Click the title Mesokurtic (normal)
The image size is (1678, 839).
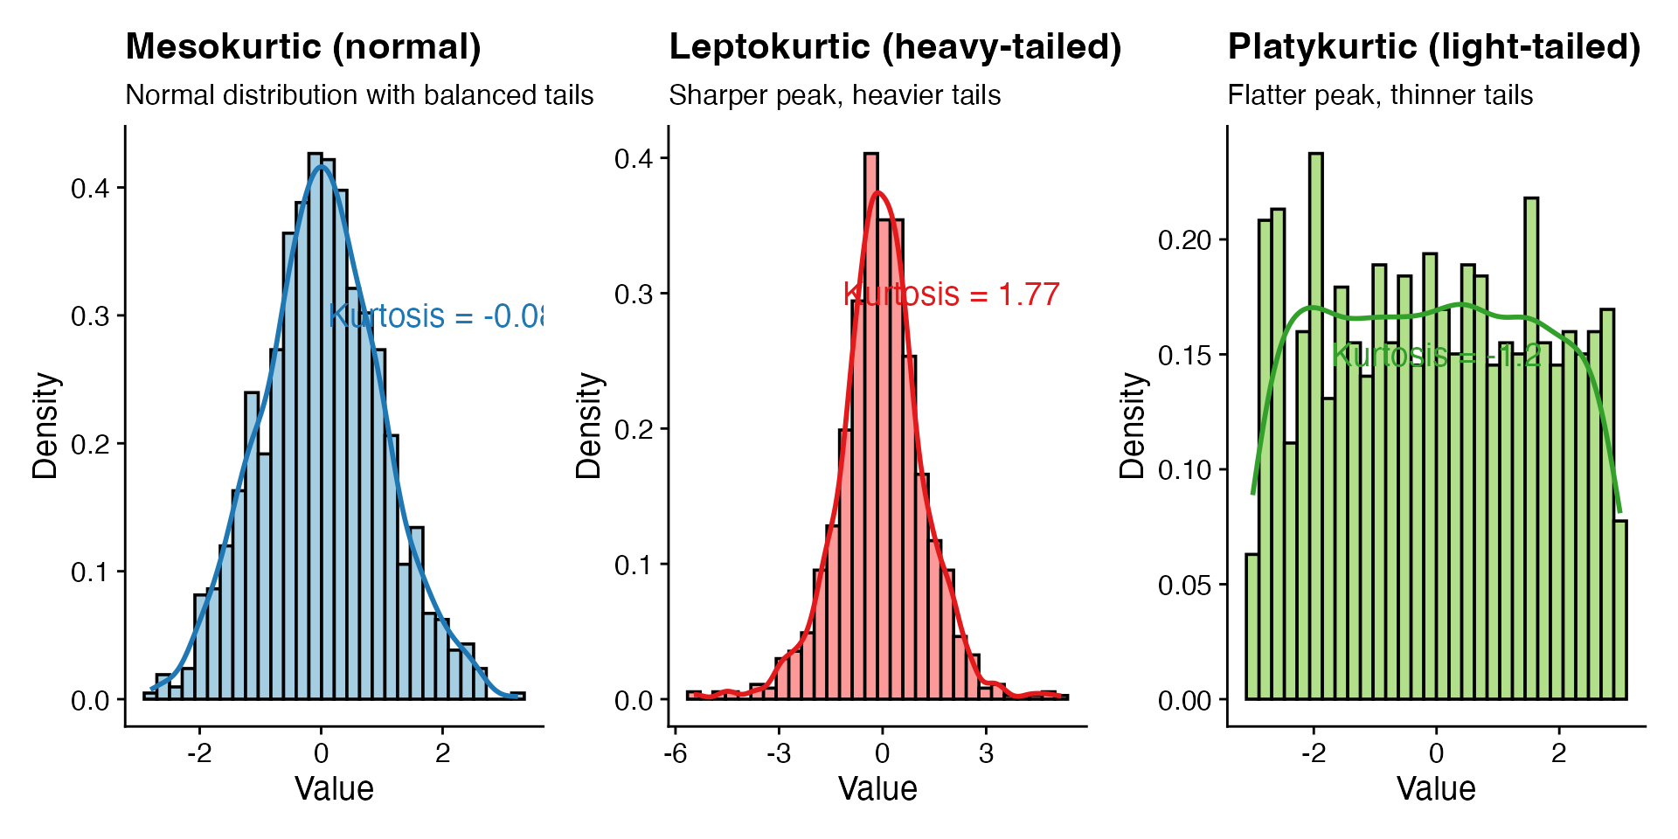point(303,46)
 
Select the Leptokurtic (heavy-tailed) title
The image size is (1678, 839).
point(895,46)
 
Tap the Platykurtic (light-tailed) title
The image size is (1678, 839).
point(1434,46)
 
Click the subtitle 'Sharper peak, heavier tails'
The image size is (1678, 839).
point(835,94)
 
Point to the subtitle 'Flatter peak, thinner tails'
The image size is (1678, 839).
point(1380,94)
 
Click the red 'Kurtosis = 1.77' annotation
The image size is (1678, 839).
point(952,295)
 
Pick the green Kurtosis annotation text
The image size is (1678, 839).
point(1436,356)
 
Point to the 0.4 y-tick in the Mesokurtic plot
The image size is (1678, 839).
point(91,189)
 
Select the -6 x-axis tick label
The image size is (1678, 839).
point(676,753)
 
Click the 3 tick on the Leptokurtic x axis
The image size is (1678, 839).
point(986,753)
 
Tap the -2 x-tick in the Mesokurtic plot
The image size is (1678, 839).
point(199,753)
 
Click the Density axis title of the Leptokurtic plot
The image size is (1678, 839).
point(588,426)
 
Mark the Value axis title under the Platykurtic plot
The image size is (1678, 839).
point(1436,788)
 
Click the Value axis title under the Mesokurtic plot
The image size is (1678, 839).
point(334,788)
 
